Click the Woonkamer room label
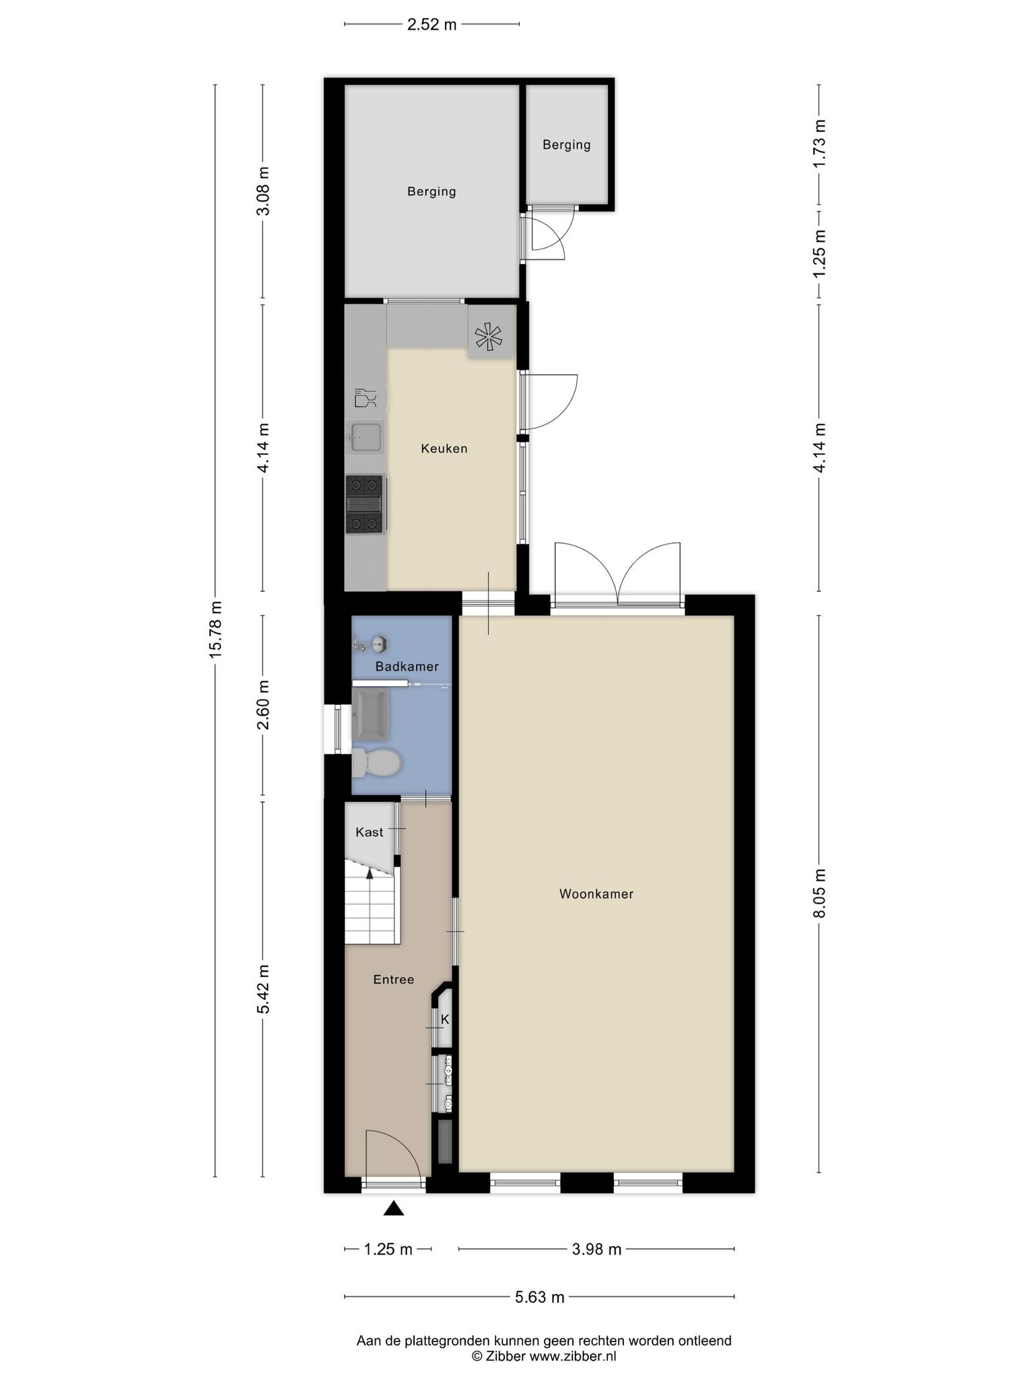(596, 894)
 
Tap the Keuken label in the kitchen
(444, 448)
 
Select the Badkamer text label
(407, 667)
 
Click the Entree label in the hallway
(394, 980)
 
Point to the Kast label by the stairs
(370, 832)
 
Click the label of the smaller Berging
(567, 145)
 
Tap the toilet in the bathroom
(376, 763)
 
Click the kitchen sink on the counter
(366, 438)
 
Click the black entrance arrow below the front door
(394, 1209)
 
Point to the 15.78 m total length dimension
(215, 629)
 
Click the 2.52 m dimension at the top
(432, 25)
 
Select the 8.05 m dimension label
(819, 893)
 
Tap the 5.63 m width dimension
(540, 1297)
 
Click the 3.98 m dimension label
(596, 1250)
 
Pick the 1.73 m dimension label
(819, 143)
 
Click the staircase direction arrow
(370, 873)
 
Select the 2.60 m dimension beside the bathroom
(263, 704)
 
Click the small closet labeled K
(444, 1019)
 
